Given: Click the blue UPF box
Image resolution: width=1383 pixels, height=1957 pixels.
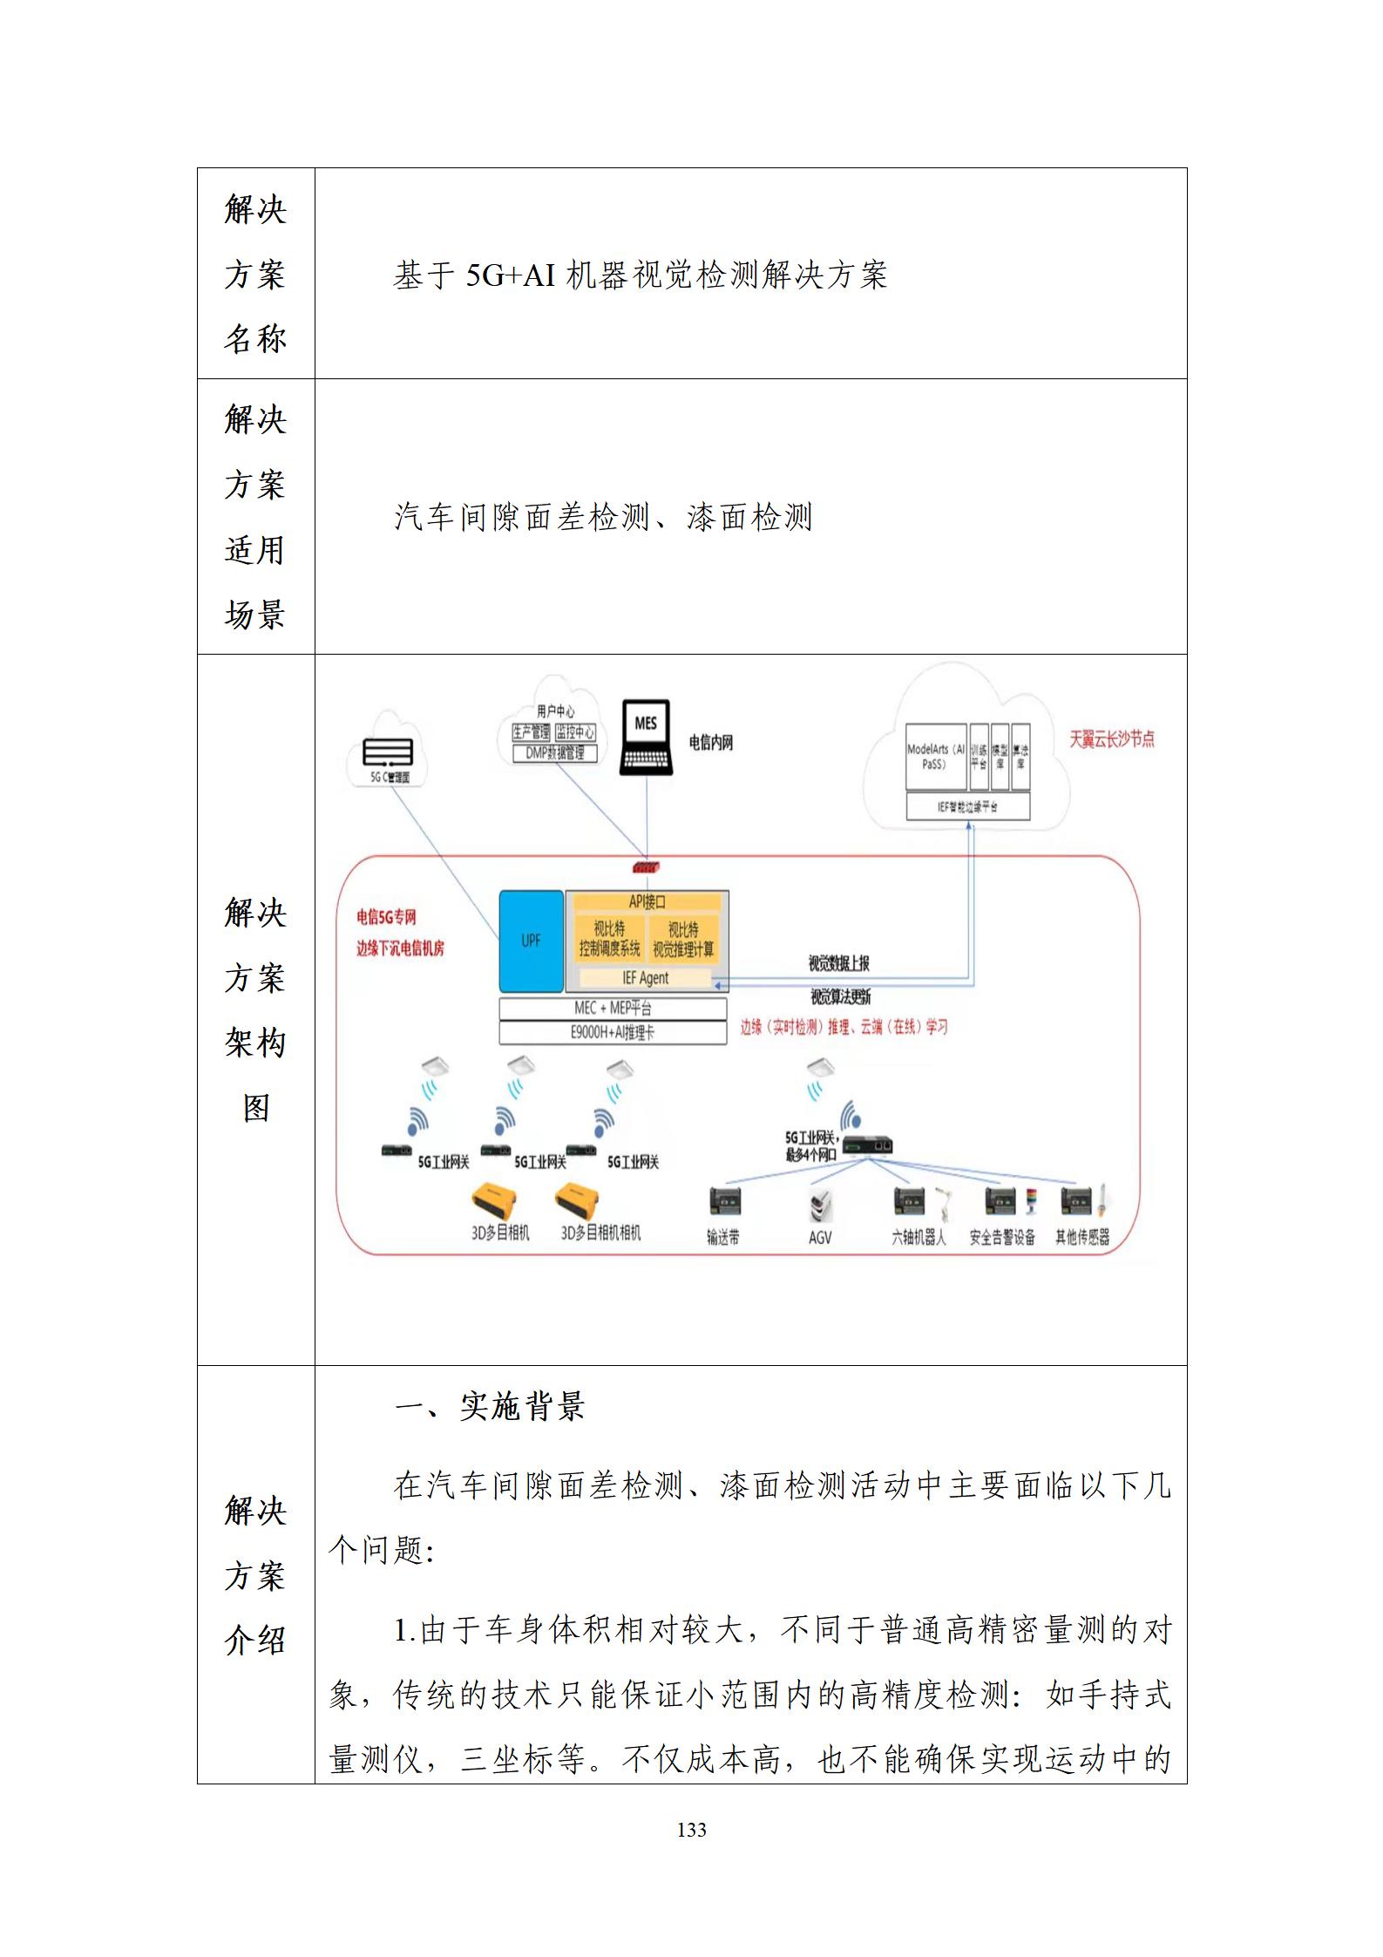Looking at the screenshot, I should tap(531, 941).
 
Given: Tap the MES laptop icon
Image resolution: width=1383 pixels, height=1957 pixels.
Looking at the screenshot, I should tap(646, 737).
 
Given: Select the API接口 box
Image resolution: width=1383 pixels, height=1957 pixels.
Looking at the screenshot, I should tap(647, 902).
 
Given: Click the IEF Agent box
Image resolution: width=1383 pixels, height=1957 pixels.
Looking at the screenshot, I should tap(646, 978).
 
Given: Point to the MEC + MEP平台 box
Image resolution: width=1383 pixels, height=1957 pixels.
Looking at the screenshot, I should tap(613, 1009).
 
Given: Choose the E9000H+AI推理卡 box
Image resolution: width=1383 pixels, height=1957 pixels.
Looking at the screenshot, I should tap(613, 1033).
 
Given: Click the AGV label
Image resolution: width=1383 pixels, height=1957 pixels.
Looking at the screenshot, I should tap(820, 1237).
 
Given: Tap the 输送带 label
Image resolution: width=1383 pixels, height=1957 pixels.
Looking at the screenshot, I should tap(723, 1237).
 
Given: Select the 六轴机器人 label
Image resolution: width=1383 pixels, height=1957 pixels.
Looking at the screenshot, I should tap(919, 1237).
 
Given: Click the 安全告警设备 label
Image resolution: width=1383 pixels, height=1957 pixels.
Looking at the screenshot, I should tap(1002, 1237).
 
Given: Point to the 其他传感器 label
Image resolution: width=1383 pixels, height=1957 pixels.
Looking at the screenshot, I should tap(1082, 1237).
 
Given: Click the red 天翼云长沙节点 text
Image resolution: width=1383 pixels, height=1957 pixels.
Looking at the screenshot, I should tap(1112, 739).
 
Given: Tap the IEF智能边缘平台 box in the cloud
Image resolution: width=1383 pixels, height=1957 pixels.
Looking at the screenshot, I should tap(967, 807).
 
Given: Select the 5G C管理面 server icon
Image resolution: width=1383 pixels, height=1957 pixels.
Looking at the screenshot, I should tap(388, 752).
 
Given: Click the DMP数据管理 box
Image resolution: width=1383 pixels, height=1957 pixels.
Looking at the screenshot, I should tap(555, 753).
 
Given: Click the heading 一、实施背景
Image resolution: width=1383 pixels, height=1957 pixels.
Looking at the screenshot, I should tap(490, 1406).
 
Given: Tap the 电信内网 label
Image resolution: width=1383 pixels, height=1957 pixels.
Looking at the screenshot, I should tap(710, 743).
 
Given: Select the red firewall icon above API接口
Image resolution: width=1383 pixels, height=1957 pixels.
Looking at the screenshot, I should tap(647, 867).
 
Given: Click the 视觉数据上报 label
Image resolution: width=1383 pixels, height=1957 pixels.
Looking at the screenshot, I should tap(838, 963).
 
